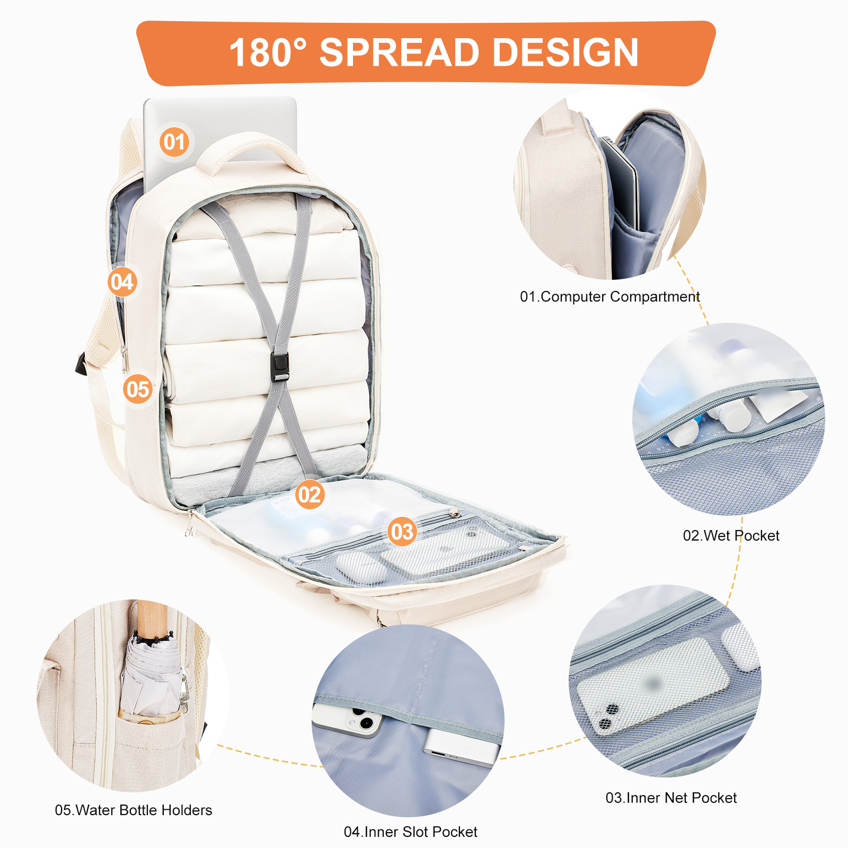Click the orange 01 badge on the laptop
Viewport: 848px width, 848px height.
174,142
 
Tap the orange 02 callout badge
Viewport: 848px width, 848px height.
310,494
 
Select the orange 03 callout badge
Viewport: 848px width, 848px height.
402,532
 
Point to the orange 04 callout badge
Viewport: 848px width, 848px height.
122,282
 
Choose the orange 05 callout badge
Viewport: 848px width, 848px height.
138,389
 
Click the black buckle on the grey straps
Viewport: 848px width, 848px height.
279,367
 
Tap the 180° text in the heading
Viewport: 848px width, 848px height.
268,52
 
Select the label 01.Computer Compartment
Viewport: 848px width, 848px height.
609,297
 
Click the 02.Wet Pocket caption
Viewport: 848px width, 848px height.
731,536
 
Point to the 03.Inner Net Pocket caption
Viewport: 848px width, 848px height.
671,798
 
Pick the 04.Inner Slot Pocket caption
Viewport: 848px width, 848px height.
411,832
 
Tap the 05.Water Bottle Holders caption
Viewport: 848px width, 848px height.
134,810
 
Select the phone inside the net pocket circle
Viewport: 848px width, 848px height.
652,687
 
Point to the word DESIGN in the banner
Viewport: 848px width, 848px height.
566,52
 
